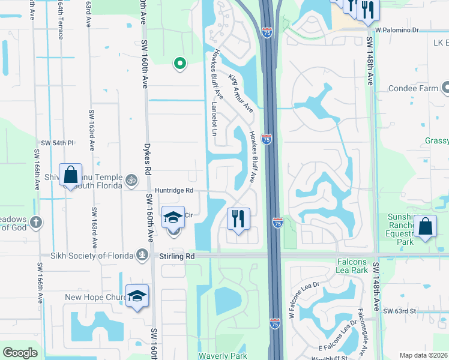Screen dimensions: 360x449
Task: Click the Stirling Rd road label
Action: [178, 256]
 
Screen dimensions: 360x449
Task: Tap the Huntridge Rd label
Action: [174, 191]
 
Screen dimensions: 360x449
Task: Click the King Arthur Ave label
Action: [241, 94]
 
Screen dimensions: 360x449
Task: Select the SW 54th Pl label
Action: [57, 143]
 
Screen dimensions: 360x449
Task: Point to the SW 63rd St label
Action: [400, 311]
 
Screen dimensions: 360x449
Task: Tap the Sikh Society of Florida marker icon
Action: [142, 255]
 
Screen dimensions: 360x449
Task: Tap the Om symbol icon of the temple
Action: [131, 179]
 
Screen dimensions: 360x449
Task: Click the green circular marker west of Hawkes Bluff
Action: [178, 62]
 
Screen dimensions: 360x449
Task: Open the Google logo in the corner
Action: [20, 353]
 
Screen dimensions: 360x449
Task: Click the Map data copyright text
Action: [424, 355]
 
